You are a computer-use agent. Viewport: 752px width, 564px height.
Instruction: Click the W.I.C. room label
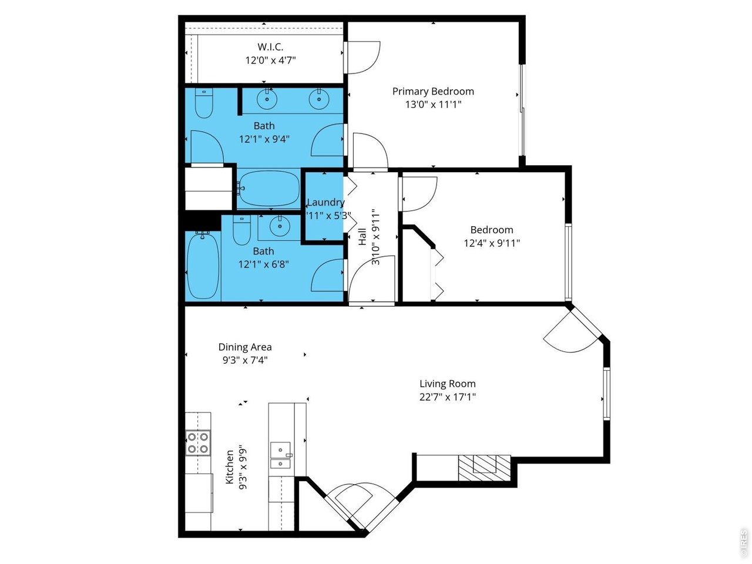270,46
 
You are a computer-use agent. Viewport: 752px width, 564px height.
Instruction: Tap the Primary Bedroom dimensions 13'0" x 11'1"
433,105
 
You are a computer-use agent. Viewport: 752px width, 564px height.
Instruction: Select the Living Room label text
448,384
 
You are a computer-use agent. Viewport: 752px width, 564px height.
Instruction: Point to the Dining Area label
245,347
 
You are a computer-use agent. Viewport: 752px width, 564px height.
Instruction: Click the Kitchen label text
229,466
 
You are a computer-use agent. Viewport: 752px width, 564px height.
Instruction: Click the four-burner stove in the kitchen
198,443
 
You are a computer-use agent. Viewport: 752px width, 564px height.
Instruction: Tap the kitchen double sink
281,455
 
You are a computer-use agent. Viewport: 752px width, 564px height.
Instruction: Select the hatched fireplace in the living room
485,468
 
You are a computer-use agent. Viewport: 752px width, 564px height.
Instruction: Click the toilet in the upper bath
204,103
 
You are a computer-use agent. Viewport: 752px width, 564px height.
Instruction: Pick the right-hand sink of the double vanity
319,99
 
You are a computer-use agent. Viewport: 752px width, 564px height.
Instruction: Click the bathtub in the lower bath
203,266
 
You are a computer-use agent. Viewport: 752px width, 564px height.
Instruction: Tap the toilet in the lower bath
241,230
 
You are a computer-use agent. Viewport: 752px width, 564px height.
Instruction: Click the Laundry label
325,202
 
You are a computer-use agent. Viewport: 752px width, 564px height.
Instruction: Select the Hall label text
362,237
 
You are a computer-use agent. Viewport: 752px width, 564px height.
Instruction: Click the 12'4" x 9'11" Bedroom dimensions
492,243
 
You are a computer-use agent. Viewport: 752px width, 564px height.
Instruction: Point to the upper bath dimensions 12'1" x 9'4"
264,139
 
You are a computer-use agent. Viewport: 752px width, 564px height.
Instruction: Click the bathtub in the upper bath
268,188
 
